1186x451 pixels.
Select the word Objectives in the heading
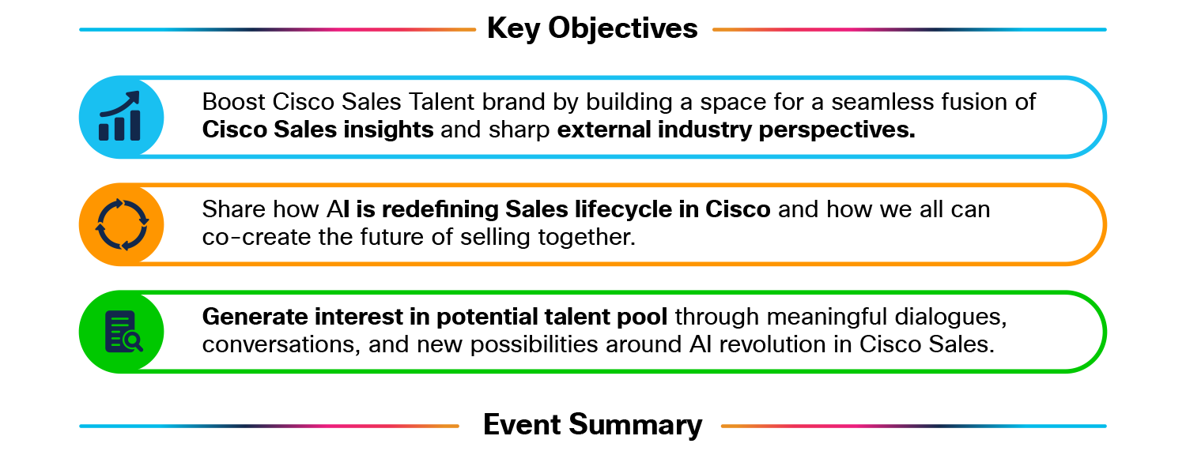coord(623,29)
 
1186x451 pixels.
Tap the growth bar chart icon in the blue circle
coord(119,116)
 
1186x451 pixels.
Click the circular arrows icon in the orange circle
coord(122,224)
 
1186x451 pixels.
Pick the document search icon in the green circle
coord(124,332)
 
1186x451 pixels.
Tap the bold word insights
coord(388,130)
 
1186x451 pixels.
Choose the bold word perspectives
coord(837,130)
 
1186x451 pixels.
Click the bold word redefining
coord(440,209)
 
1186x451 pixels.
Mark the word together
coord(587,238)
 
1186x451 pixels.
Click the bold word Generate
coord(255,316)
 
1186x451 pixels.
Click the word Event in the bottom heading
coord(522,425)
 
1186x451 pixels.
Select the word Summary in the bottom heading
coord(636,426)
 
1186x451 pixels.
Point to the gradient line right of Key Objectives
coord(909,29)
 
